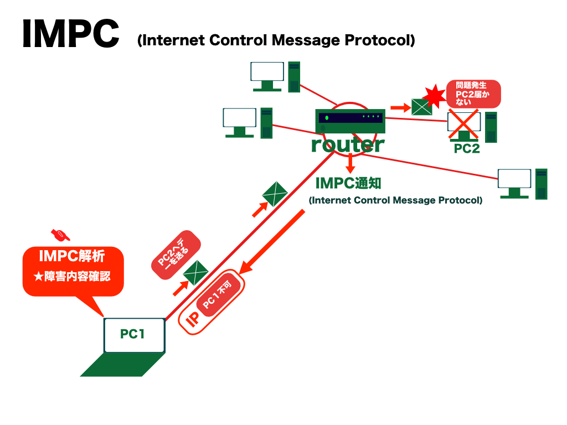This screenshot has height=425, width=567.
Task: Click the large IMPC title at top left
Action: [x=70, y=34]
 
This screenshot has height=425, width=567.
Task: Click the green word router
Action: [x=347, y=144]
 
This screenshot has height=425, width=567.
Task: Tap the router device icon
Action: [x=349, y=120]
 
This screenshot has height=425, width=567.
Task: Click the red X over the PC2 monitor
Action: [x=463, y=124]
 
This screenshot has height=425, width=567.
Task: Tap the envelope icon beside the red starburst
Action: [x=421, y=106]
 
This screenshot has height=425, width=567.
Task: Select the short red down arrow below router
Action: [x=350, y=164]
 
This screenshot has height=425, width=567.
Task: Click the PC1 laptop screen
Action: [x=134, y=335]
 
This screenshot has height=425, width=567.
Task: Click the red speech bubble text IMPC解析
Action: [x=72, y=256]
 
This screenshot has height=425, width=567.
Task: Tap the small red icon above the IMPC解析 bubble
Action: [x=60, y=234]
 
